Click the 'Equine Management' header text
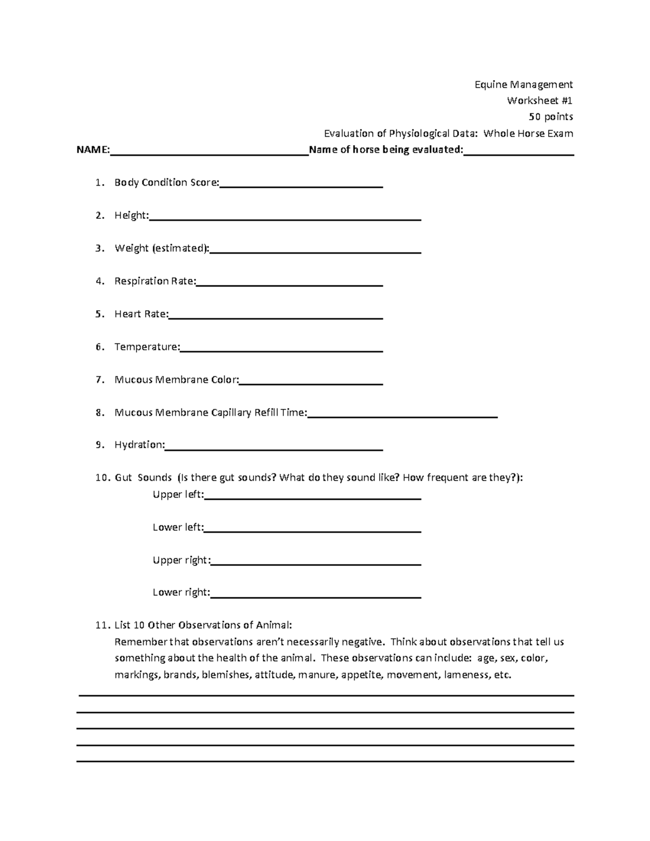pos(523,84)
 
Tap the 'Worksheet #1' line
pos(539,101)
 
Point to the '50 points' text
pos(551,117)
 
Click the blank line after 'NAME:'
pos(209,152)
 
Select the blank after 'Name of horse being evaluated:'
pos(518,152)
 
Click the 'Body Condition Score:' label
pos(167,183)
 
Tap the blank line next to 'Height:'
pos(285,217)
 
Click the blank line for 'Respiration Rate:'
pos(290,283)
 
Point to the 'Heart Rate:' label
pos(141,314)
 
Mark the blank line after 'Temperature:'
pos(281,348)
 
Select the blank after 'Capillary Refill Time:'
pos(402,414)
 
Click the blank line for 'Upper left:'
pos(313,496)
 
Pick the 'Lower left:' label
pos(178,527)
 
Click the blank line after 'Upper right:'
pos(315,562)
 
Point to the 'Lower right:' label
pos(181,592)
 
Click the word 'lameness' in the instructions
pos(464,675)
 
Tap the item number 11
pos(101,625)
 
